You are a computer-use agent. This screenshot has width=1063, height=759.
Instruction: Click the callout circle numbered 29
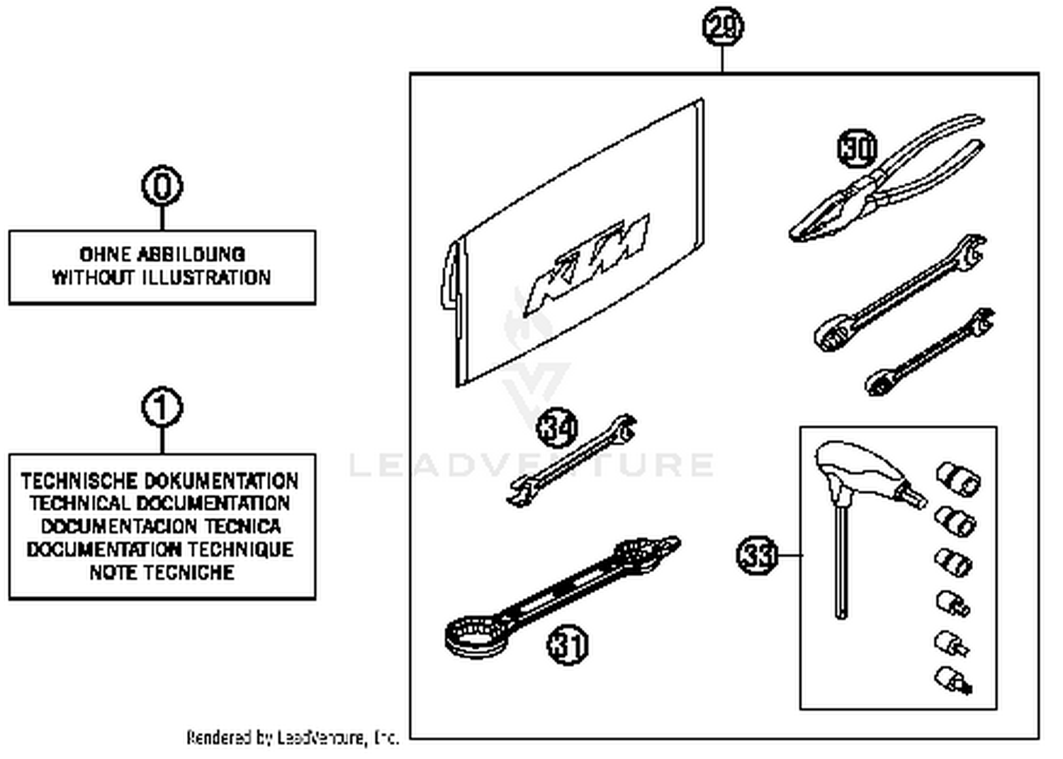722,28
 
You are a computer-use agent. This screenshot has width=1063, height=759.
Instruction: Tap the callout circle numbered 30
857,149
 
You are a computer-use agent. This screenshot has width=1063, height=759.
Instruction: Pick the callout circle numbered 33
757,555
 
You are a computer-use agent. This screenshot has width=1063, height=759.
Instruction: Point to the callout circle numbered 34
558,428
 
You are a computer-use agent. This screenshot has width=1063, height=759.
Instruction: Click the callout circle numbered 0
162,187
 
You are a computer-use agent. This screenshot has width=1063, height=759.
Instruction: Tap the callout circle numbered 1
162,407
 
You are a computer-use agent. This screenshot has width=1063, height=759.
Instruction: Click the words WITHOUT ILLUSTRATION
162,277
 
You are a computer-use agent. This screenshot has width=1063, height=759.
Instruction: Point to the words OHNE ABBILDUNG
162,254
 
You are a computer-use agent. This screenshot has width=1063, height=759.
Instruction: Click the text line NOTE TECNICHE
162,573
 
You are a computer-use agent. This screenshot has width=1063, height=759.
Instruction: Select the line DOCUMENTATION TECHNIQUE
160,550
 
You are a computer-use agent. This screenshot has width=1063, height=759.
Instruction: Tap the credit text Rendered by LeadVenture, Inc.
293,738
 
